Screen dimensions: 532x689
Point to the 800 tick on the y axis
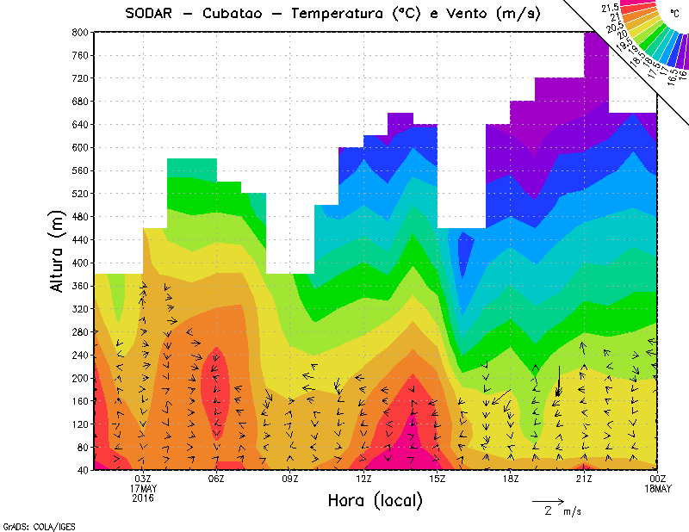78,32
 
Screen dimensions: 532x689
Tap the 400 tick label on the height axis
78,263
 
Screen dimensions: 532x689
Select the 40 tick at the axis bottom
81,470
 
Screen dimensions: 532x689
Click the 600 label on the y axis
78,147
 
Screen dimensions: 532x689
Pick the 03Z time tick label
143,479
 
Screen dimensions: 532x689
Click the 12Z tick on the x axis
363,479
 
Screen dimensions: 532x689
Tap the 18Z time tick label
511,479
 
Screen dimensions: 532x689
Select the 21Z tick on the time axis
584,479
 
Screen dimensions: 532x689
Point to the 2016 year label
143,498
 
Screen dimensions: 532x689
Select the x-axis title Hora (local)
375,501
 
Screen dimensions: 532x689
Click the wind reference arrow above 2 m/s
547,500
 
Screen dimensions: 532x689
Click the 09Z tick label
290,479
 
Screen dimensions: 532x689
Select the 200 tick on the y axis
78,378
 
